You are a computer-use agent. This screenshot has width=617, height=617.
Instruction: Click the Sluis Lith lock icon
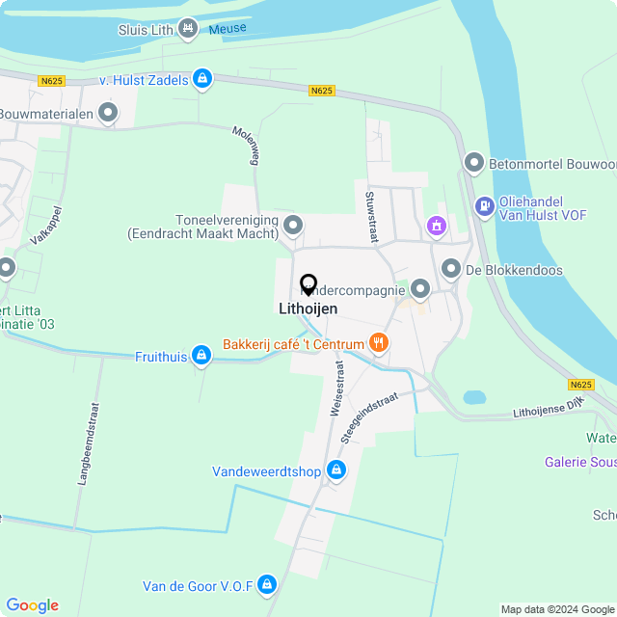187,29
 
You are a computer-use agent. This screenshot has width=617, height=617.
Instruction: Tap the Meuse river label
228,28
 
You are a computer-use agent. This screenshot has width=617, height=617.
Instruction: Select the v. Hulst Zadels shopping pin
201,79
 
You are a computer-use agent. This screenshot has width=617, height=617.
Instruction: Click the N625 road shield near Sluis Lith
51,81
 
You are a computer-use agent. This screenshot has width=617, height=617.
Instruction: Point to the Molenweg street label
246,145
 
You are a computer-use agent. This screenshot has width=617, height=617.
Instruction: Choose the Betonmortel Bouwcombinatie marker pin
473,164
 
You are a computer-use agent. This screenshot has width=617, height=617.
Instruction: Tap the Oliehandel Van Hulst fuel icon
483,204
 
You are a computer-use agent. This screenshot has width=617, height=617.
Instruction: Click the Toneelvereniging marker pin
294,227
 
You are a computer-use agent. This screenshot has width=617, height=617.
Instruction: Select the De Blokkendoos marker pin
450,269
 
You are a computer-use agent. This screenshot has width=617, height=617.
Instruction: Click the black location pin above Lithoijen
308,284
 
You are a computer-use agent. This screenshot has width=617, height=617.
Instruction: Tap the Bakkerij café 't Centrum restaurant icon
379,343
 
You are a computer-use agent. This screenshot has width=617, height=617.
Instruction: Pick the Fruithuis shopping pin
201,356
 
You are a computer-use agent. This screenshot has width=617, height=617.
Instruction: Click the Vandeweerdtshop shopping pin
335,470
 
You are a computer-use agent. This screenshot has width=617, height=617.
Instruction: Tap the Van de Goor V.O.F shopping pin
267,584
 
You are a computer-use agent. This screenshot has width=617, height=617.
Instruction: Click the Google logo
32,604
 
